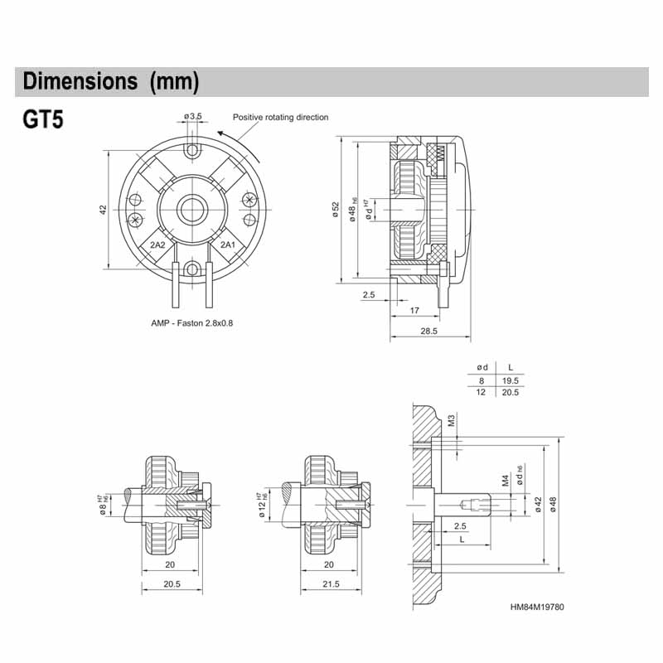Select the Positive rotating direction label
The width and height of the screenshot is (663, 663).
click(280, 118)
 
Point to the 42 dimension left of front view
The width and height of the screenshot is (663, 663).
click(103, 210)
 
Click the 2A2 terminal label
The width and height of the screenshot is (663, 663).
click(157, 244)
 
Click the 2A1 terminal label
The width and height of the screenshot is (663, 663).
click(227, 244)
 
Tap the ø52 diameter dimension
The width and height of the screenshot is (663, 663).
click(335, 209)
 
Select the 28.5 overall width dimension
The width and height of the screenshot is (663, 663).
click(428, 331)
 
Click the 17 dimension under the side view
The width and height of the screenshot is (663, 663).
click(414, 312)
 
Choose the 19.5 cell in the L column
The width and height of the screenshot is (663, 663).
click(510, 380)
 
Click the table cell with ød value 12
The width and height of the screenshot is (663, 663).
click(480, 392)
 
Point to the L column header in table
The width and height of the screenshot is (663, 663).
click(510, 367)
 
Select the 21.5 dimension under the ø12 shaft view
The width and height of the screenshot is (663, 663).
click(330, 585)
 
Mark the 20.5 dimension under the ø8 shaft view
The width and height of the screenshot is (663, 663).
click(173, 585)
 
